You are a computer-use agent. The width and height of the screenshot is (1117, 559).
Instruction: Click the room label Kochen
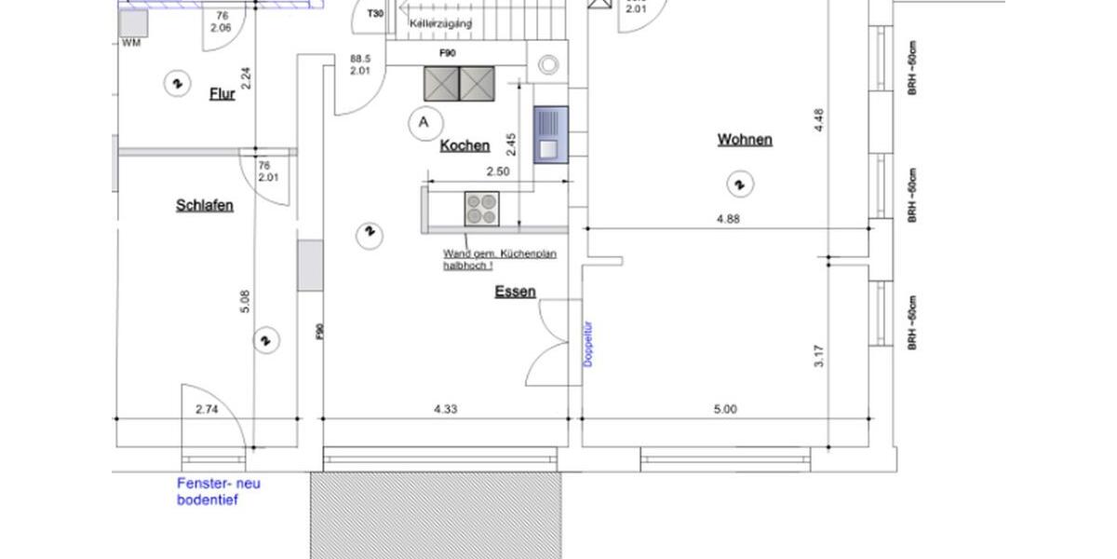tap(464, 145)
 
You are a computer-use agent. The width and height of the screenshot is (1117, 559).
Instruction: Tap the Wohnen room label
tap(744, 140)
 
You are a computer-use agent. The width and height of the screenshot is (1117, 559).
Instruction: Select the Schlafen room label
tap(204, 205)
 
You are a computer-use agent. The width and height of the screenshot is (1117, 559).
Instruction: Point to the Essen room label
tap(515, 292)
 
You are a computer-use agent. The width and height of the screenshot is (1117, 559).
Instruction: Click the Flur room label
tap(222, 92)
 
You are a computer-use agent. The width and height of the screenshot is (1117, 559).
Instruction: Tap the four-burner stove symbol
tap(481, 209)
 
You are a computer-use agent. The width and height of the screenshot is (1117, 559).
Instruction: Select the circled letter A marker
tap(424, 121)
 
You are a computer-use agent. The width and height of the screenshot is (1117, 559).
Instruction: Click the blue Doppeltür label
tap(588, 342)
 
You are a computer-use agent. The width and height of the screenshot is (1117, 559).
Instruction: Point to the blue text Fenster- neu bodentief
tap(219, 492)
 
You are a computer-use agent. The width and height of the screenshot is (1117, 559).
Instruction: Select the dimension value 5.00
tap(725, 408)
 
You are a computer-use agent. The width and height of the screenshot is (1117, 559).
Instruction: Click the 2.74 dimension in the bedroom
tap(208, 408)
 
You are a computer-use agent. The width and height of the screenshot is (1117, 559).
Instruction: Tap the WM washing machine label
tap(131, 43)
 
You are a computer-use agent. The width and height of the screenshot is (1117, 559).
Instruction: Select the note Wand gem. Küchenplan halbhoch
tap(500, 259)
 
